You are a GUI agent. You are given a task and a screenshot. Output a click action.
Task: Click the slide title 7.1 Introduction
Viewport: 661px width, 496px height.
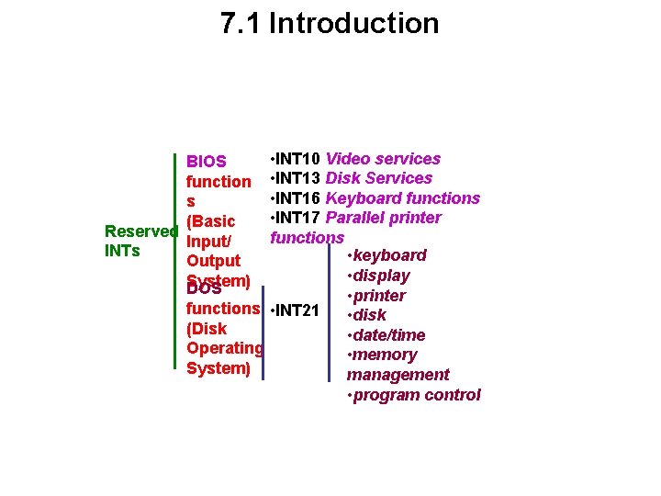click(x=330, y=23)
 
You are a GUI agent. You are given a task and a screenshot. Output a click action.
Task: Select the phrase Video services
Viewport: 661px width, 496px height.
click(x=383, y=159)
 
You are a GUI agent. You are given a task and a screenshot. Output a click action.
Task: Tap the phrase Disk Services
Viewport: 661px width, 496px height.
click(x=379, y=178)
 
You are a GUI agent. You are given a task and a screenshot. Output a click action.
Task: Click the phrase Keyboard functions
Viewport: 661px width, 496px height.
click(x=403, y=198)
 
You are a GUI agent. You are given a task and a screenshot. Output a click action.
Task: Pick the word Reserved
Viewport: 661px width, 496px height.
click(x=140, y=231)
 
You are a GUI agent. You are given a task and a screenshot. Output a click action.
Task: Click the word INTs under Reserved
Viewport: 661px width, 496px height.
click(x=123, y=250)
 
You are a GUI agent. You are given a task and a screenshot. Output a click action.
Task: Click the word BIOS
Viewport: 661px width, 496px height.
click(x=206, y=162)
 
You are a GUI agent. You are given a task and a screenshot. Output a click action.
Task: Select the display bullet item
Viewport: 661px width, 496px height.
click(x=378, y=276)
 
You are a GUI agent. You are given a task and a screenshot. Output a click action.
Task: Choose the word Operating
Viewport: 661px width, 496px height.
click(x=224, y=348)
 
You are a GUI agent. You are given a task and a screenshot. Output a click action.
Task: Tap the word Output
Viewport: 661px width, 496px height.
click(x=213, y=261)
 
